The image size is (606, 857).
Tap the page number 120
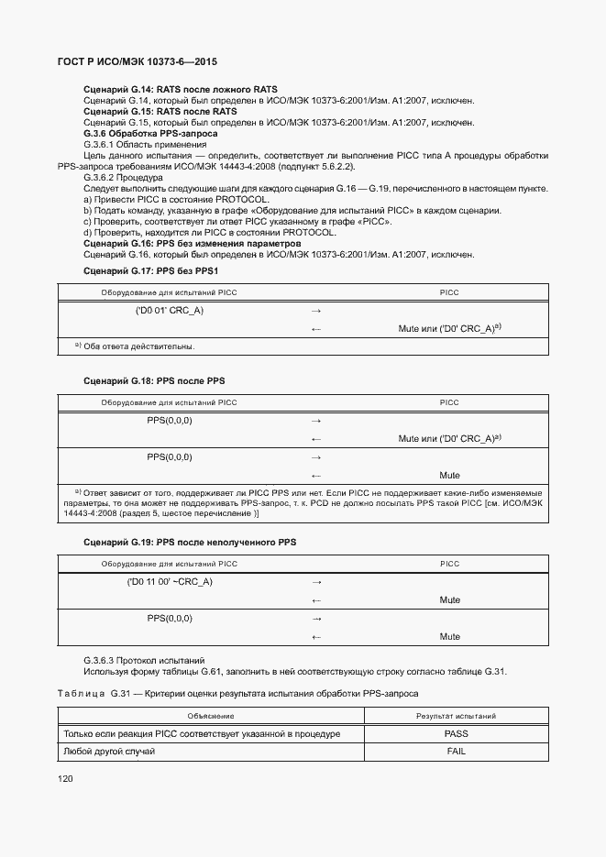65,779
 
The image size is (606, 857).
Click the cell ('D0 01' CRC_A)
170,311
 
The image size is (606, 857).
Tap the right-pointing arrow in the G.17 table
315,311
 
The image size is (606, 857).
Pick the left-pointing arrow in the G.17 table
315,328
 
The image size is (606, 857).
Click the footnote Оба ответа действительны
138,346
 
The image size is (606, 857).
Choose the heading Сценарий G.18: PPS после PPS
154,379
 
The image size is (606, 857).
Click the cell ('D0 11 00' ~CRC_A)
170,582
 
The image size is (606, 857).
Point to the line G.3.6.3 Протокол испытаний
144,660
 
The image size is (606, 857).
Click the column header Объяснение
211,716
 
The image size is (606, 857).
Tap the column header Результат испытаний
457,716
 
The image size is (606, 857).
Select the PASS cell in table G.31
457,734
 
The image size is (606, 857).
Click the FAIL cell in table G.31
457,752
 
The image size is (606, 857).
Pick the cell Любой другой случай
109,752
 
